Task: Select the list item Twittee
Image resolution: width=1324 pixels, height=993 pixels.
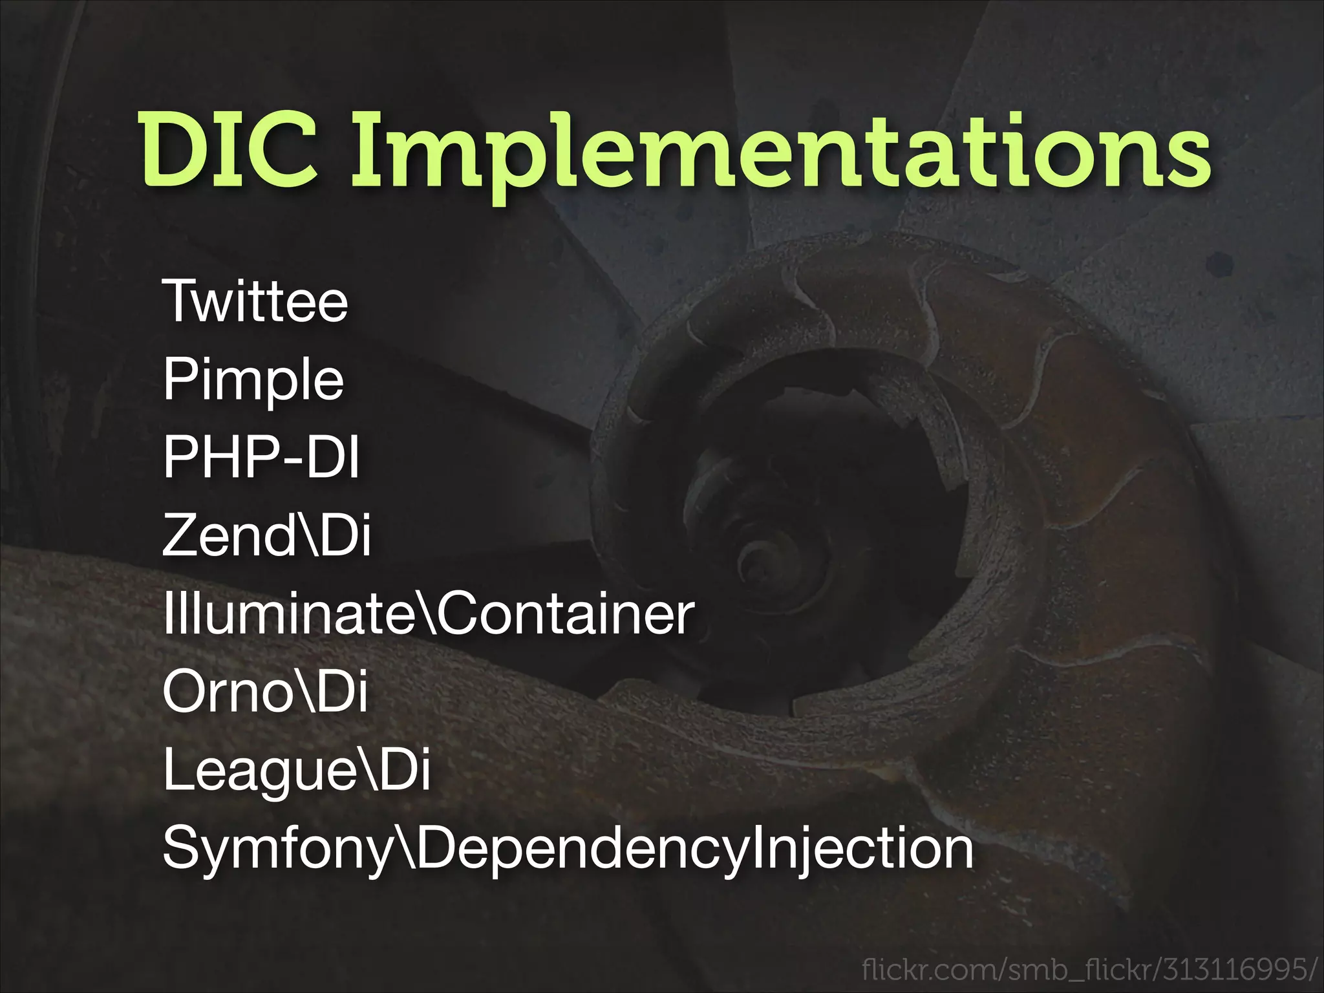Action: (255, 301)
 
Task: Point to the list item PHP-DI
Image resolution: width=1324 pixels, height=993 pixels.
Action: (261, 457)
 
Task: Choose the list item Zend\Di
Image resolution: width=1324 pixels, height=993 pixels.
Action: (266, 535)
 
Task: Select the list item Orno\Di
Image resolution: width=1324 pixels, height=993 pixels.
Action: (265, 691)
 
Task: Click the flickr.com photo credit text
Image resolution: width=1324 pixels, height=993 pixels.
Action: (1089, 970)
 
